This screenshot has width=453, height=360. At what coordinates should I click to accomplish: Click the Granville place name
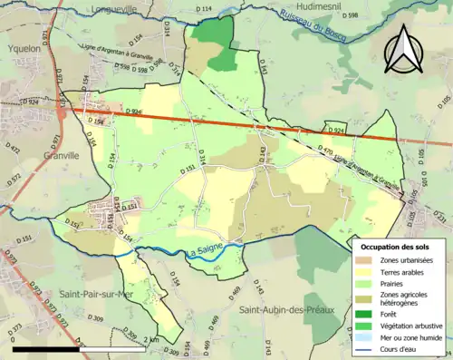click(28, 155)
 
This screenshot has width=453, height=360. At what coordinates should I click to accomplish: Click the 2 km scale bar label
click(152, 339)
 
